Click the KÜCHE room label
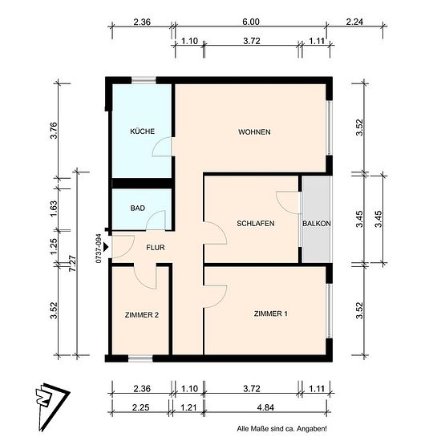[142, 131]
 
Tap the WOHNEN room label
[254, 132]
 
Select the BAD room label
[138, 208]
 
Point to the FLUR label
[156, 248]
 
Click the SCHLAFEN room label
[256, 224]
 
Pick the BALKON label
[317, 224]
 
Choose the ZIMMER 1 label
[271, 314]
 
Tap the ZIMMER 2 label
[142, 315]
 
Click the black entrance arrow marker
[106, 247]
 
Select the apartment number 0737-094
[99, 249]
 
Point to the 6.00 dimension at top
[251, 22]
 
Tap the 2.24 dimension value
[354, 22]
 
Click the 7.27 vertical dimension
[72, 263]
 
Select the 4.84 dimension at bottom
[265, 407]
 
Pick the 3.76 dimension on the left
[54, 131]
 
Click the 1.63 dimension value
[54, 208]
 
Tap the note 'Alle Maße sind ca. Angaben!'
[281, 429]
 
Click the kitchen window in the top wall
[144, 80]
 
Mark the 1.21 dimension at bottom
[188, 407]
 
